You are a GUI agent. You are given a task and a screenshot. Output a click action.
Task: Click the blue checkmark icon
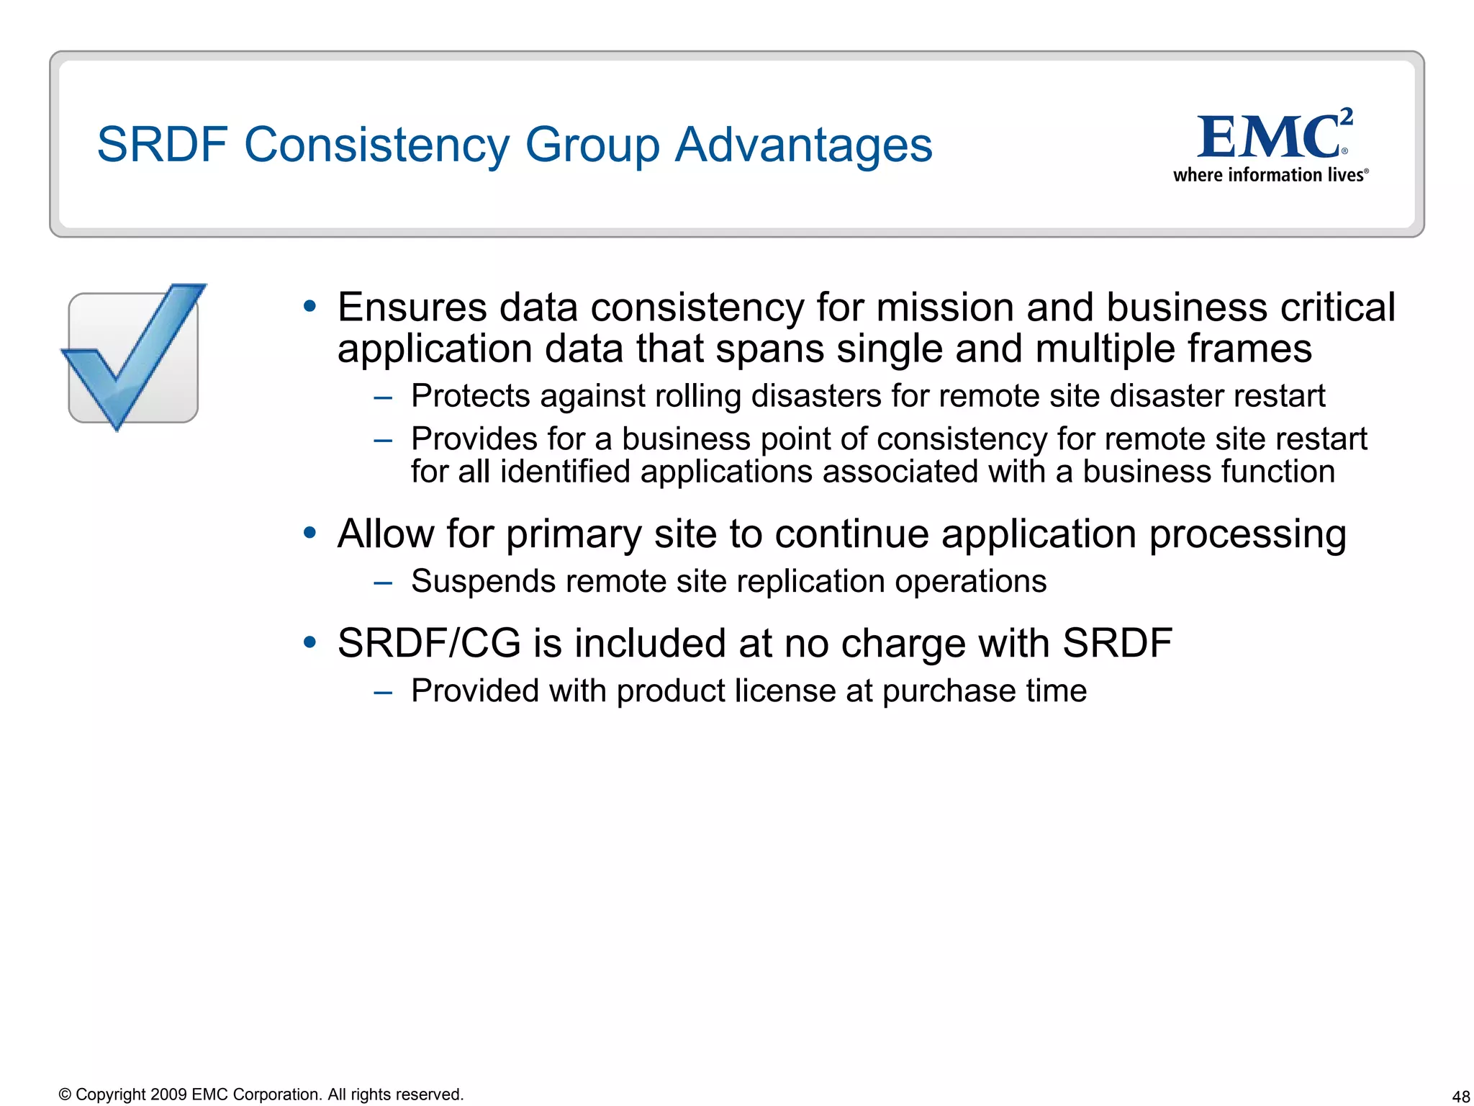pyautogui.click(x=133, y=356)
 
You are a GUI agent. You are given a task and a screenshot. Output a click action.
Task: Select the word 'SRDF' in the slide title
pyautogui.click(x=162, y=145)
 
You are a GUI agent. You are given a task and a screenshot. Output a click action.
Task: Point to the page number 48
pyautogui.click(x=1460, y=1097)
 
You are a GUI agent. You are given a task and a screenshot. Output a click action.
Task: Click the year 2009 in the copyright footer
pyautogui.click(x=168, y=1094)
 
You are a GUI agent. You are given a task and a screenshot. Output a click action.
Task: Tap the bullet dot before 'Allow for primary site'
pyautogui.click(x=309, y=534)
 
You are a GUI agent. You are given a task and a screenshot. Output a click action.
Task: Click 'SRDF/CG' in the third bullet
pyautogui.click(x=428, y=643)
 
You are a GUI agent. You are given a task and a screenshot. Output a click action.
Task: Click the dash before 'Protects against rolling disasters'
pyautogui.click(x=383, y=397)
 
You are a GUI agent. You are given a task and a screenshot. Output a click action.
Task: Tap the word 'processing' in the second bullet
pyautogui.click(x=1247, y=535)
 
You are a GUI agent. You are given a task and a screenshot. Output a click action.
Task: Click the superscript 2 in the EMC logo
pyautogui.click(x=1347, y=117)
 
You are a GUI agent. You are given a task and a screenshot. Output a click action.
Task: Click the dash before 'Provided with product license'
pyautogui.click(x=383, y=692)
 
